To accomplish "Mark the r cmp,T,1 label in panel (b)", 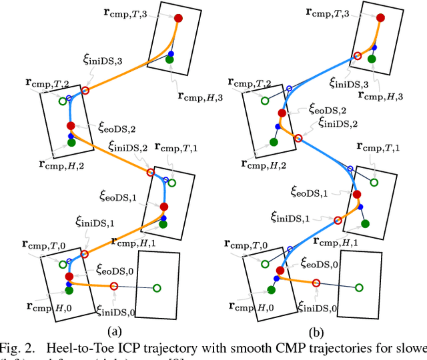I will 378,147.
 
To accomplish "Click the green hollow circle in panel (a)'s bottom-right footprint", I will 157,287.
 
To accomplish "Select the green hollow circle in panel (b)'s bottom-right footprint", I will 359,287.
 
